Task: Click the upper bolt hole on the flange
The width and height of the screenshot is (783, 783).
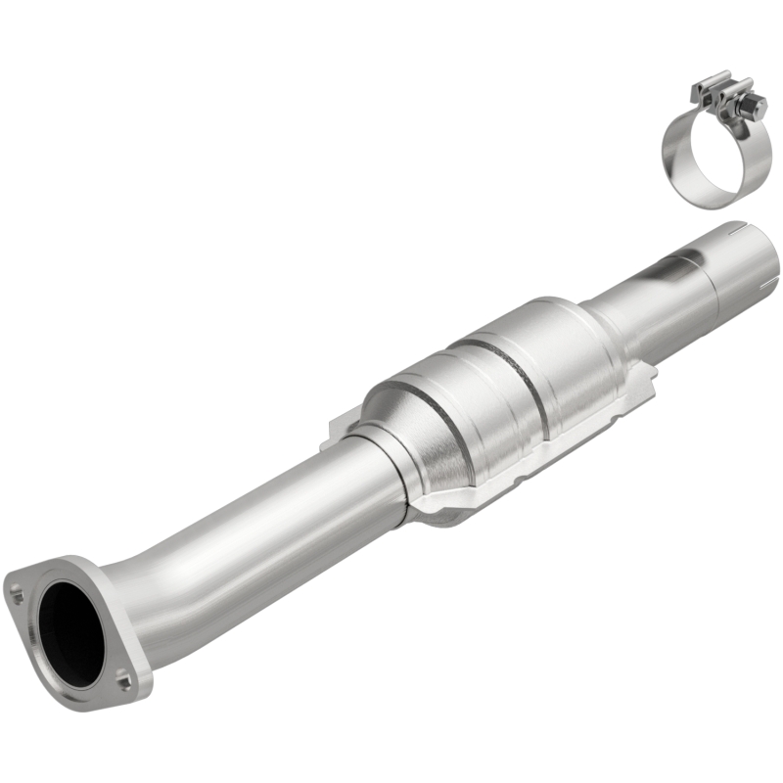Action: pos(17,590)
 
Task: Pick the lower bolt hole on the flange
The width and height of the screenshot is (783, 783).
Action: pos(124,674)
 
